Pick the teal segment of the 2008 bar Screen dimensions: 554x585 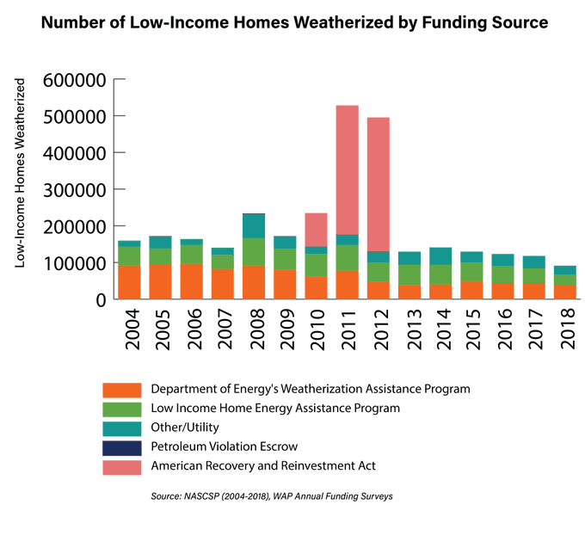point(254,226)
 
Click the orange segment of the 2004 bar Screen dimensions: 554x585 point(130,282)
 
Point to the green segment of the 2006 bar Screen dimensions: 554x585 point(192,255)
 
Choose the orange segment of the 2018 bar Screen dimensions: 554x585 point(563,292)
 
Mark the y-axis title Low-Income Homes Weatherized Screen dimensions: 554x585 point(20,172)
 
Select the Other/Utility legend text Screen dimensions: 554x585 point(185,427)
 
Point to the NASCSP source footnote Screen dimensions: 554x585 point(273,496)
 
